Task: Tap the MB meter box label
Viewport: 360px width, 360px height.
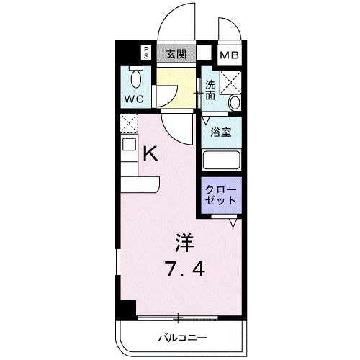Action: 230,55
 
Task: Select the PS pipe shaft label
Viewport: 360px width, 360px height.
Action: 145,52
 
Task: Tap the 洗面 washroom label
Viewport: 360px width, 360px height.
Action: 210,90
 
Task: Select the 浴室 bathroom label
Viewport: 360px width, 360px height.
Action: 220,132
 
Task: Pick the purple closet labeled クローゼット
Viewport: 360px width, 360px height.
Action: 220,195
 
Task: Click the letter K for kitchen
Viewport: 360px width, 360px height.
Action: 150,153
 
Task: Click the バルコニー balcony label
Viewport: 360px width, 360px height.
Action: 182,338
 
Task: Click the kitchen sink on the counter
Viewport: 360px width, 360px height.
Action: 128,144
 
